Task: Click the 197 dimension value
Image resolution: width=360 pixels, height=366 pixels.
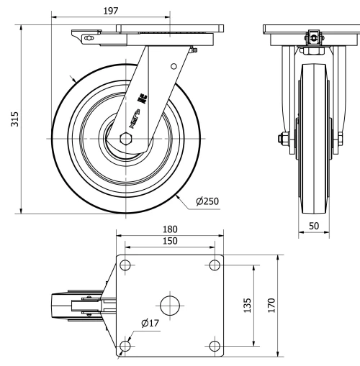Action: click(x=110, y=11)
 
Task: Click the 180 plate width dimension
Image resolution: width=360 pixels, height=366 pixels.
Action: click(x=170, y=229)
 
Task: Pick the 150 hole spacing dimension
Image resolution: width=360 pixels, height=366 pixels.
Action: click(x=170, y=241)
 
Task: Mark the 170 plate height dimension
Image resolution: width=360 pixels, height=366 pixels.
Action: click(x=271, y=306)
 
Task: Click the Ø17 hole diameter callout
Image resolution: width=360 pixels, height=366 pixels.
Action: click(x=150, y=324)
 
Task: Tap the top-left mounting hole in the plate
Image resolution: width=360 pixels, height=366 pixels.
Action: click(x=125, y=265)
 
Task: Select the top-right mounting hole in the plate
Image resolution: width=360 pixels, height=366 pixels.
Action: click(x=214, y=265)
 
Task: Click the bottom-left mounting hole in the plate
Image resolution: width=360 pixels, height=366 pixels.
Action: click(x=125, y=346)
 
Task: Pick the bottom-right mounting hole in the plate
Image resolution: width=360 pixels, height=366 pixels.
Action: click(x=214, y=346)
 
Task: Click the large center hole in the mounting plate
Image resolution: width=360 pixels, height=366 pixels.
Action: click(x=170, y=305)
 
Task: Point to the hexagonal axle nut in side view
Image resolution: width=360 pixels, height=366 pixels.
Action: click(x=127, y=137)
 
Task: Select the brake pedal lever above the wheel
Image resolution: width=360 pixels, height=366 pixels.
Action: click(x=85, y=35)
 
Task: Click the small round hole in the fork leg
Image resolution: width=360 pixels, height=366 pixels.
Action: click(x=173, y=65)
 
